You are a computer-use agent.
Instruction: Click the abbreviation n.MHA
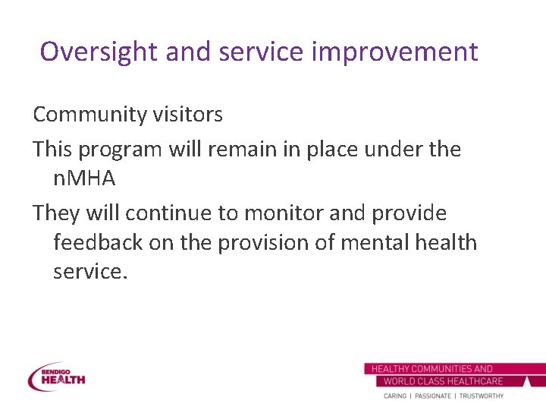pyautogui.click(x=83, y=180)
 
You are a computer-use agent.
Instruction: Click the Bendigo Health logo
pyautogui.click(x=57, y=377)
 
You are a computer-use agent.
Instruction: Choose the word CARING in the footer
pyautogui.click(x=394, y=396)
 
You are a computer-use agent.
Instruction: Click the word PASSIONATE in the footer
pyautogui.click(x=431, y=396)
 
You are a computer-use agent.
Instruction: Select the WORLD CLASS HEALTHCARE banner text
pyautogui.click(x=443, y=381)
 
